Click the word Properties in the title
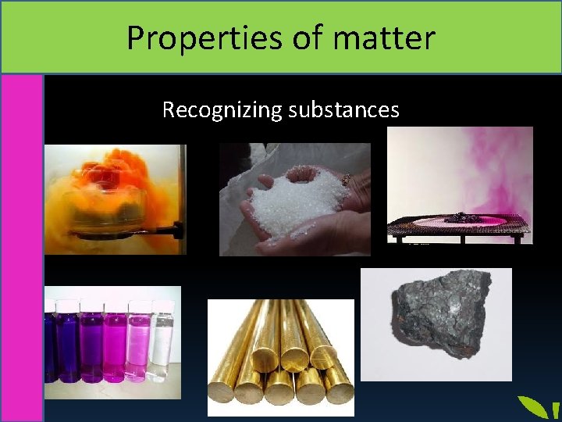188,38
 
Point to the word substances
343,110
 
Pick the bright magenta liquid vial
115,344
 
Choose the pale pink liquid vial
139,344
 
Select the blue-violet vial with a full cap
68,344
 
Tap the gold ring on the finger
346,179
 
